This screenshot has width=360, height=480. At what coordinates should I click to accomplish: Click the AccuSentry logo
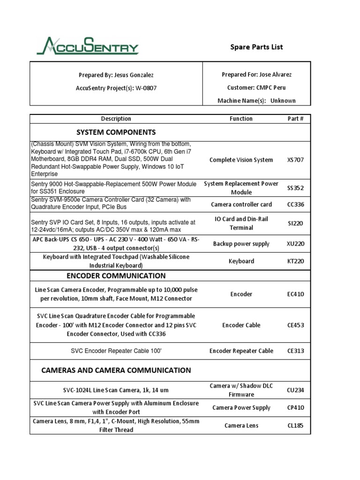[x=88, y=46]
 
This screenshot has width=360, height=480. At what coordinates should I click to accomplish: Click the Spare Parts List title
[x=256, y=47]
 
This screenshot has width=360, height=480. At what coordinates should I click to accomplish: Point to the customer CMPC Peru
[x=270, y=88]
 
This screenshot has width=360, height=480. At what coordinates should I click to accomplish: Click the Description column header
[x=116, y=119]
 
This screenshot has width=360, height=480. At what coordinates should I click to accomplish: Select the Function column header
[x=241, y=119]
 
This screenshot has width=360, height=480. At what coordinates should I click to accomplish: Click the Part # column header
[x=295, y=119]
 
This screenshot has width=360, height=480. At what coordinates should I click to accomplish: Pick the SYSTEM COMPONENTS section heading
[x=116, y=132]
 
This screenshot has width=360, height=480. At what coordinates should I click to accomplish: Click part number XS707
[x=295, y=160]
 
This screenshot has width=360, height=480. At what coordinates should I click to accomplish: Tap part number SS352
[x=295, y=188]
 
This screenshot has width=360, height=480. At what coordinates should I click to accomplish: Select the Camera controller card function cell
[x=241, y=204]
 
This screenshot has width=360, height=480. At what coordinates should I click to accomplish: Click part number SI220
[x=295, y=224]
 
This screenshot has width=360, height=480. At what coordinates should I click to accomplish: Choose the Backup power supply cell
[x=241, y=244]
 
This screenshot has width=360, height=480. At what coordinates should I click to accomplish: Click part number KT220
[x=295, y=261]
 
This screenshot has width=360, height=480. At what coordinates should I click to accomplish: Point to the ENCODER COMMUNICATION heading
[x=116, y=276]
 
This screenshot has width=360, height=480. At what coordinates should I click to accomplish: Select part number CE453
[x=295, y=325]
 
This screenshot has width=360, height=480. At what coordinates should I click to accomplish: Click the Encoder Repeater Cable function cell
[x=241, y=351]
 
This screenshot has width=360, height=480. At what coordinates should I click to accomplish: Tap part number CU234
[x=295, y=390]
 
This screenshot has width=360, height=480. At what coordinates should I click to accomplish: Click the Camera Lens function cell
[x=241, y=426]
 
